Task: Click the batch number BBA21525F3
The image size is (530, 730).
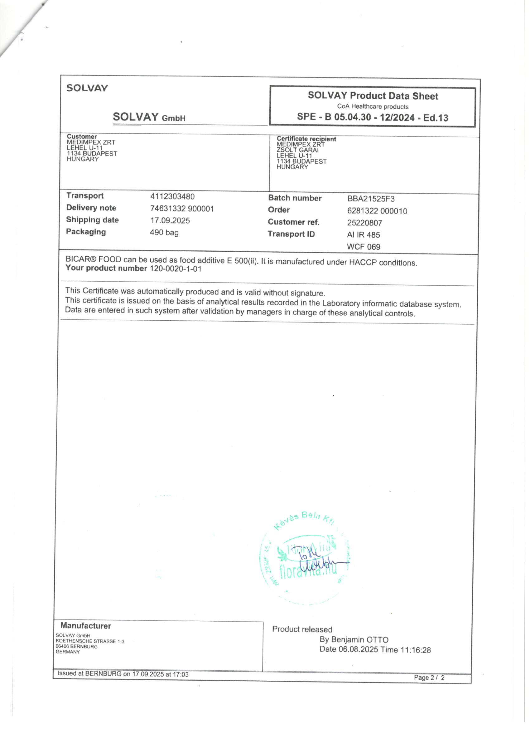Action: click(x=371, y=199)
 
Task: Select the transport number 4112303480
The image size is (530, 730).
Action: click(x=172, y=196)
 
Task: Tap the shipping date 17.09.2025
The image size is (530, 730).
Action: click(x=170, y=220)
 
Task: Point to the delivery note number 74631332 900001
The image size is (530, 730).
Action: click(x=182, y=209)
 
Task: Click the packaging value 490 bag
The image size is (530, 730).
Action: click(x=164, y=232)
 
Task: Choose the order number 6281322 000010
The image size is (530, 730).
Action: click(x=377, y=211)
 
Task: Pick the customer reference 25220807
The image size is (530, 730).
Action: click(x=364, y=223)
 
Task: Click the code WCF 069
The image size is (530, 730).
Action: click(x=364, y=247)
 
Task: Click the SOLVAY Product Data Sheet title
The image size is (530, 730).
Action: click(x=373, y=96)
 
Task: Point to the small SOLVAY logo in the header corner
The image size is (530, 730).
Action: click(x=87, y=88)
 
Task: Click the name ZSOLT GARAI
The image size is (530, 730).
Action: click(x=298, y=150)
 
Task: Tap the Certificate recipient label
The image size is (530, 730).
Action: click(x=306, y=139)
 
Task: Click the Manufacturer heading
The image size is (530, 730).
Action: click(x=85, y=625)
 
